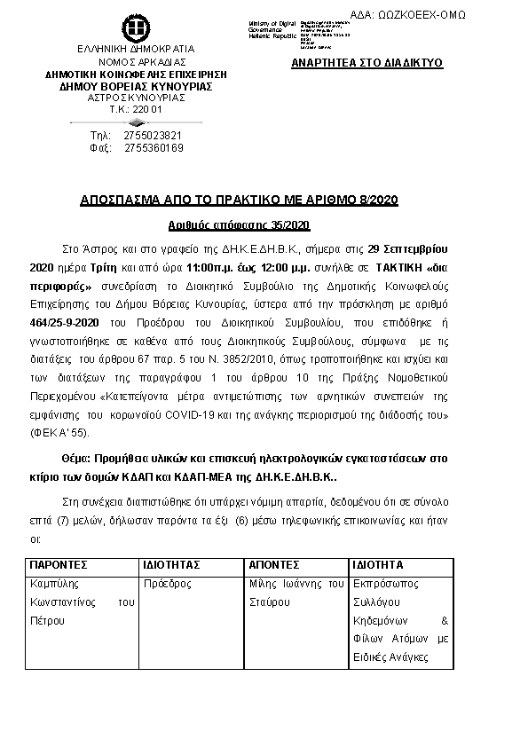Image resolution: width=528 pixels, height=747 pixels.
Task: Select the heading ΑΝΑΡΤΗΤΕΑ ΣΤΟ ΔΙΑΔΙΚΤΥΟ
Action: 366,64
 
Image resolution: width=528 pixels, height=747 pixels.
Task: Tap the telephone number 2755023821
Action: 154,135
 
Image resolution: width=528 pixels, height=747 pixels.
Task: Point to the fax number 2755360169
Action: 154,147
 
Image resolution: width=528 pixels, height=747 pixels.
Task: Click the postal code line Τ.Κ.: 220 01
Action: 136,109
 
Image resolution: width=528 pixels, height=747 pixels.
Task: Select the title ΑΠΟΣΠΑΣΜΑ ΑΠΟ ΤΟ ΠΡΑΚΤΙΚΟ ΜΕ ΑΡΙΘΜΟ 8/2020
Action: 264,201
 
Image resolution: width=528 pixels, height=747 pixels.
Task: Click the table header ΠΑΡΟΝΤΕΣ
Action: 59,564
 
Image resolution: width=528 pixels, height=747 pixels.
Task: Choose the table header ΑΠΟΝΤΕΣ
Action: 275,564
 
